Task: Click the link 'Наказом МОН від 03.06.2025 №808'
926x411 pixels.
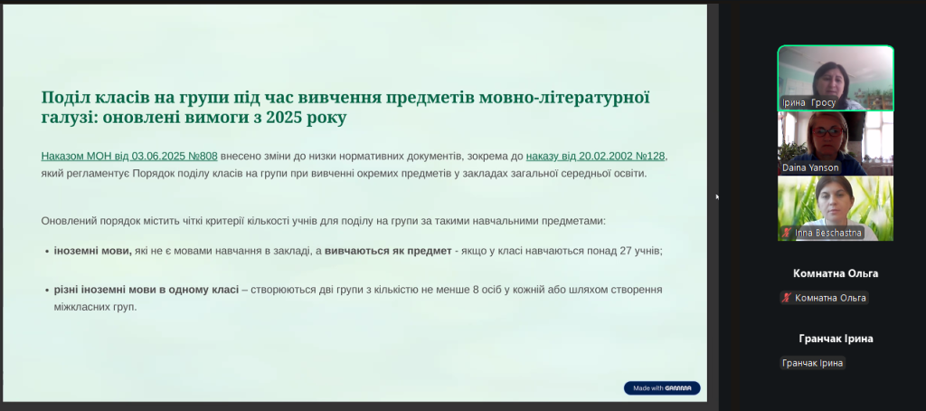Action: tap(129, 156)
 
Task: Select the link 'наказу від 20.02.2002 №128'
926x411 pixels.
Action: tap(595, 156)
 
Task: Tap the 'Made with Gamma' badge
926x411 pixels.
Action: tap(662, 388)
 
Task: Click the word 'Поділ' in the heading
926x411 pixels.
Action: tap(62, 98)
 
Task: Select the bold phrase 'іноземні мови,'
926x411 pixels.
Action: tap(93, 251)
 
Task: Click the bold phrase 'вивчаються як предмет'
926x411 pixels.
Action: tap(388, 251)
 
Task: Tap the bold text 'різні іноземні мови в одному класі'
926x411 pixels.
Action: tap(146, 290)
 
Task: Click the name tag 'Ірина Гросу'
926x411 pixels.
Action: tap(808, 102)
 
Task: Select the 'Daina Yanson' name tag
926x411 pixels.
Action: tap(810, 167)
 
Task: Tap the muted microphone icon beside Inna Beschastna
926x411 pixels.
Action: tap(786, 233)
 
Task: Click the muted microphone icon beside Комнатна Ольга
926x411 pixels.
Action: tap(787, 298)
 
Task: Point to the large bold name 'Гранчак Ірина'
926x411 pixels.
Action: tap(836, 339)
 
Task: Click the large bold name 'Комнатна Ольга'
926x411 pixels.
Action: tap(836, 273)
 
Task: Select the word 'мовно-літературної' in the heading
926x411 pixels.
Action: tap(564, 98)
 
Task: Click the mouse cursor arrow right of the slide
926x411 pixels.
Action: tap(717, 196)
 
